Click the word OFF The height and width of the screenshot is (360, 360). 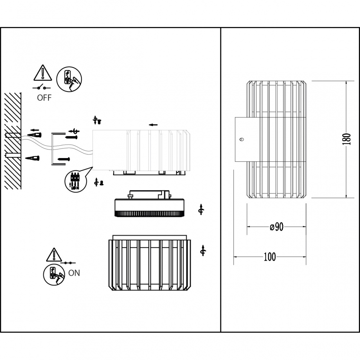point(44,98)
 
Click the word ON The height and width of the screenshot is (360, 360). point(74,273)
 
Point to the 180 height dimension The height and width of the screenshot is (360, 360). point(346,139)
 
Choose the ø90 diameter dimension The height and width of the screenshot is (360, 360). point(276,227)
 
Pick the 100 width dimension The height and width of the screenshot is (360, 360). point(270,257)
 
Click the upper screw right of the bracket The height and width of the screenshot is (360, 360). point(72,137)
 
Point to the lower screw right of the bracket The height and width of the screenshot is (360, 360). point(64,158)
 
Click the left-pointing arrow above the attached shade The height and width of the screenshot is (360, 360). point(153,125)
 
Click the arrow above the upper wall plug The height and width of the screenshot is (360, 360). point(35,130)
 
